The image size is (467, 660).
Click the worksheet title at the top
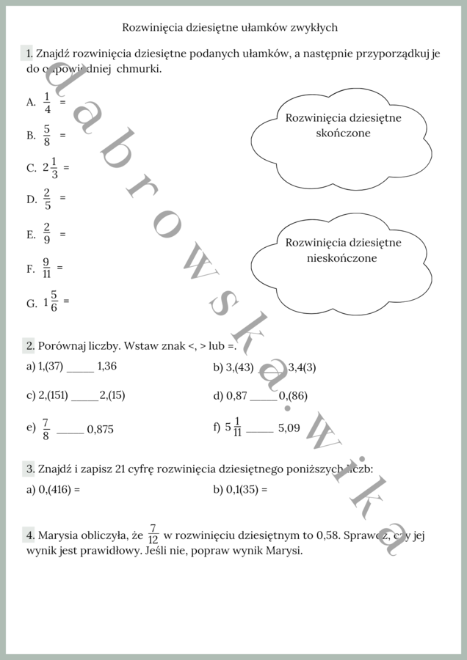[x=230, y=27]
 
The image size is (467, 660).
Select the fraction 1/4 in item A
[x=47, y=103]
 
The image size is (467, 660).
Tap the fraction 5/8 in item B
[x=47, y=135]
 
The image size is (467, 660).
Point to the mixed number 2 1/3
[x=51, y=167]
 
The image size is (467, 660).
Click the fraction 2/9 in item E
[x=47, y=234]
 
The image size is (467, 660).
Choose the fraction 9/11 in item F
[x=46, y=268]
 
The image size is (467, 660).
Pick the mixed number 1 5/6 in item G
[x=51, y=302]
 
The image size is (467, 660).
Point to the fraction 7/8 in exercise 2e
[x=46, y=429]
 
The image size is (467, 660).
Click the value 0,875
[x=101, y=430]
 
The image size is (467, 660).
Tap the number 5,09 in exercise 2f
[x=289, y=428]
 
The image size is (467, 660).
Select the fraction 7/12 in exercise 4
[x=153, y=535]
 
